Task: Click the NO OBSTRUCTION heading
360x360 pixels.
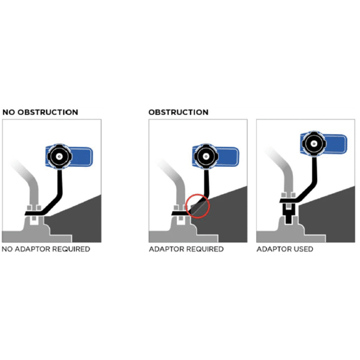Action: (x=40, y=112)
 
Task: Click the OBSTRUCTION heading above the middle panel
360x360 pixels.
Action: (x=178, y=112)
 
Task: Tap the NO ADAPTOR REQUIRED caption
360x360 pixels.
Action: (x=46, y=249)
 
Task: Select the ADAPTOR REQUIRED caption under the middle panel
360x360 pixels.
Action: (x=186, y=249)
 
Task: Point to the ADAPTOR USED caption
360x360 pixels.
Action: (x=285, y=249)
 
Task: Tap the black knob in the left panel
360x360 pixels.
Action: (x=60, y=157)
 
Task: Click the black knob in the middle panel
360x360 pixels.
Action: (x=206, y=157)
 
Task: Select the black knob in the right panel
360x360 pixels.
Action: (x=314, y=144)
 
